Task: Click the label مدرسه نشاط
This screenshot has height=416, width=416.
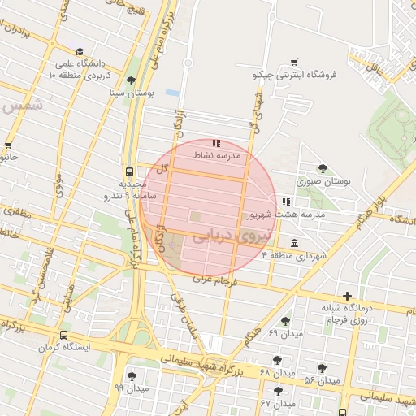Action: click(x=215, y=154)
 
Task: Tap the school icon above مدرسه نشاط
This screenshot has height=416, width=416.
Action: click(x=216, y=143)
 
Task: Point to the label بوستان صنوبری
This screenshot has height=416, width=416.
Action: click(x=323, y=182)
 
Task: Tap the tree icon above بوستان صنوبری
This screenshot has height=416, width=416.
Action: click(x=323, y=169)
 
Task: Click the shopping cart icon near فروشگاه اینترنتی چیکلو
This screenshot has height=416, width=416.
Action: click(x=294, y=62)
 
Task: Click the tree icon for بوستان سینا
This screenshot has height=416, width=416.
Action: click(x=132, y=80)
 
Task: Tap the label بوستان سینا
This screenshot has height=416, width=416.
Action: click(x=132, y=93)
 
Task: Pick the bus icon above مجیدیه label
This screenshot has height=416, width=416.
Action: click(x=128, y=171)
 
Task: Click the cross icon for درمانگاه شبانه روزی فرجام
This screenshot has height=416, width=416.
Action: click(x=348, y=296)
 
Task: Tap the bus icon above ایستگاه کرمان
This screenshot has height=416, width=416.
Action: click(x=63, y=335)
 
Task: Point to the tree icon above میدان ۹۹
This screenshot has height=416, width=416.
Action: click(x=132, y=376)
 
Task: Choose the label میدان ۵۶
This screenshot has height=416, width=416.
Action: click(x=321, y=380)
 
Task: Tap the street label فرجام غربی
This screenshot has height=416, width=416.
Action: click(x=214, y=280)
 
